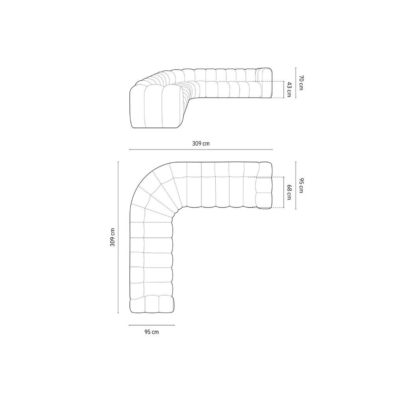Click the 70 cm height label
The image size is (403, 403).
point(301,83)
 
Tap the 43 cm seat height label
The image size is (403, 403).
point(289,89)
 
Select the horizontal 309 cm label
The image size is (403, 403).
point(201,143)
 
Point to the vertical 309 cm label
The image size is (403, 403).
point(113,237)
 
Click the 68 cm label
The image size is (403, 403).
point(289,192)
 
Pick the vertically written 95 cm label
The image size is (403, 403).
point(301,185)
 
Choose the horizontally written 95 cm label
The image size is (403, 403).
point(152,332)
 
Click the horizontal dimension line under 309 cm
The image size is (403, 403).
point(201,149)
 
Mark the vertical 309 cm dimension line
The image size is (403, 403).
point(118,237)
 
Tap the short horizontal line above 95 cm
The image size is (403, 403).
point(152,325)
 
